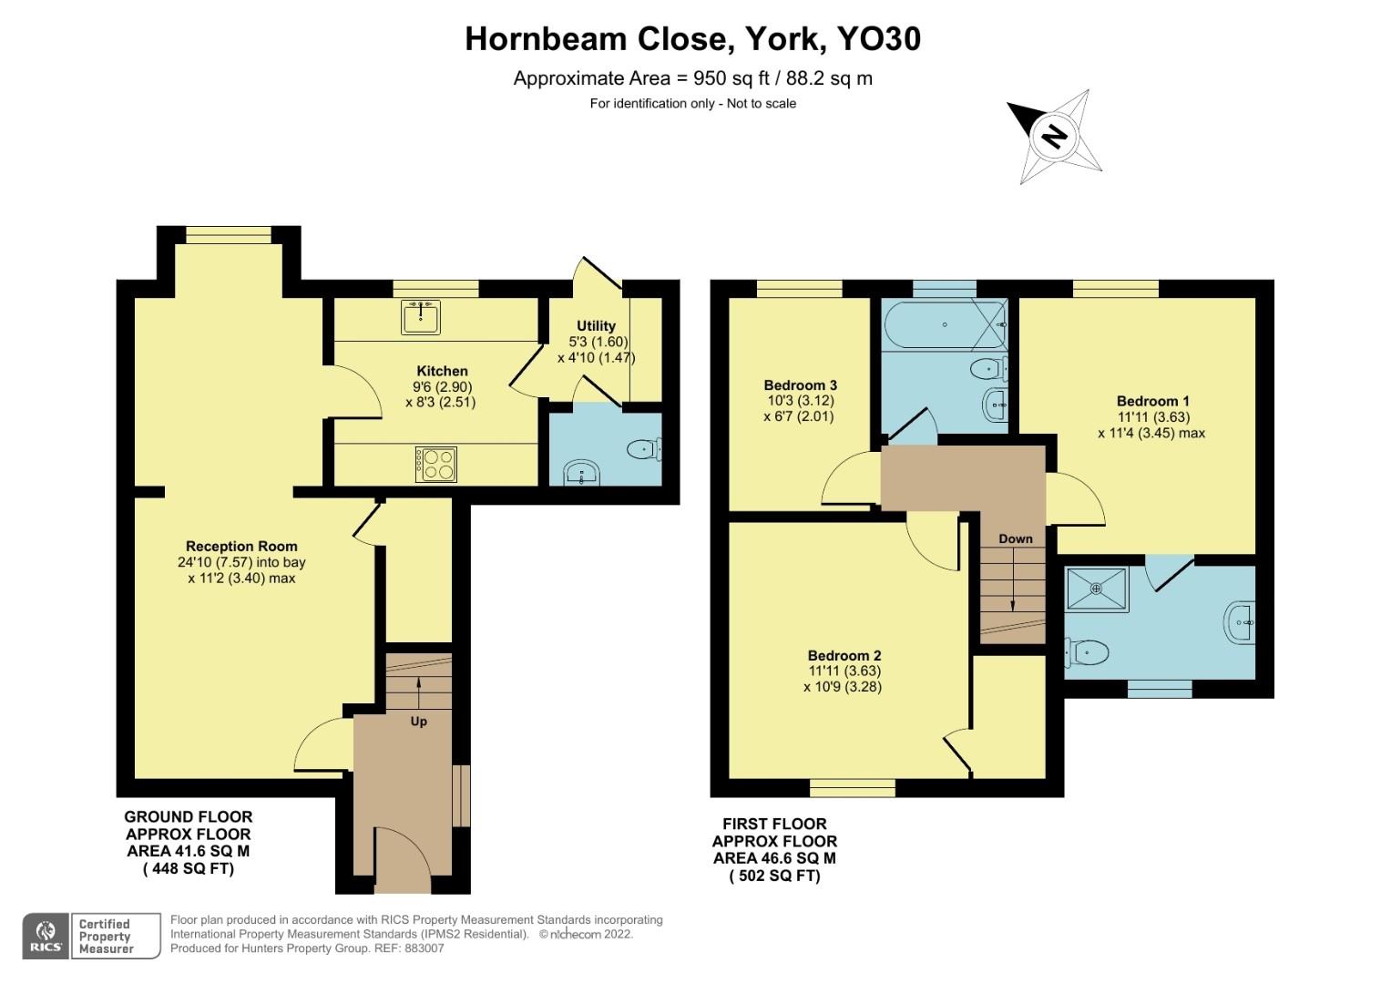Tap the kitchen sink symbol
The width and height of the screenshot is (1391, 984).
click(x=420, y=316)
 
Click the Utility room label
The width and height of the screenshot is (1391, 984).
click(x=596, y=325)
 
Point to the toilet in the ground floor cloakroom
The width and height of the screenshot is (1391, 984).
click(x=643, y=448)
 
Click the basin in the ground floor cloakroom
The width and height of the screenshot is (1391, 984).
click(x=581, y=474)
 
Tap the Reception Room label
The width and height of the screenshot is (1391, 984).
click(x=241, y=547)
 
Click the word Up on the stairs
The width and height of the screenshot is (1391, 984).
click(x=418, y=721)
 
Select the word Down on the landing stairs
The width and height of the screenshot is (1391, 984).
click(x=1015, y=538)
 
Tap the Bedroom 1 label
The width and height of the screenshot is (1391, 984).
click(x=1152, y=401)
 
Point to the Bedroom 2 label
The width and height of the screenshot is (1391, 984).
click(x=844, y=655)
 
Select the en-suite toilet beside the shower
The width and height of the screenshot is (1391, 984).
click(x=1087, y=651)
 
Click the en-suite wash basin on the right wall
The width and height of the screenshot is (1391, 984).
click(x=1239, y=622)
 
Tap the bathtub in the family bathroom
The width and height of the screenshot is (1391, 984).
click(x=946, y=324)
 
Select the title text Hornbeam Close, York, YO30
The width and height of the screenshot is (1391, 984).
click(x=693, y=38)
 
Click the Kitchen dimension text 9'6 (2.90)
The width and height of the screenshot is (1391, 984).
click(x=442, y=386)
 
